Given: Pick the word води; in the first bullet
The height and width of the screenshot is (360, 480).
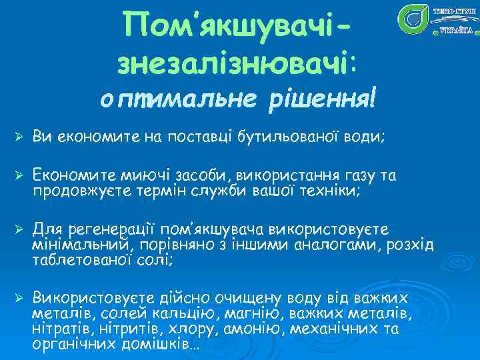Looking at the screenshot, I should point(366,137).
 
